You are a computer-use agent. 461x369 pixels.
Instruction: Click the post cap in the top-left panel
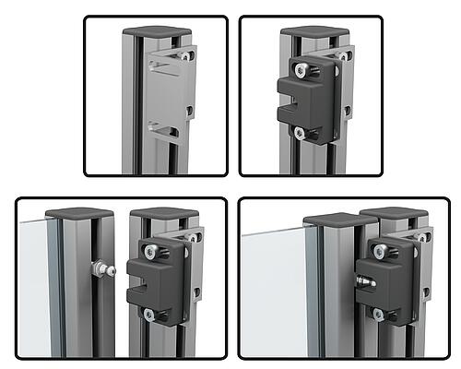pos(158,33)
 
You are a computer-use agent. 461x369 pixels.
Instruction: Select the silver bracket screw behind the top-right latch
pos(345,55)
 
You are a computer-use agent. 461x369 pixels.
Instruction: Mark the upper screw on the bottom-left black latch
pos(148,252)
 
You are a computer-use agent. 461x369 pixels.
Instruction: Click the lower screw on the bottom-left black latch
pos(148,315)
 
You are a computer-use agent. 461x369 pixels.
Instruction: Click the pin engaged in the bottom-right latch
pos(365,278)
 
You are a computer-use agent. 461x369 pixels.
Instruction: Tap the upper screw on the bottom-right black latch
pos(377,249)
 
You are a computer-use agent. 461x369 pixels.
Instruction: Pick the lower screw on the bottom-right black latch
pos(377,315)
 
